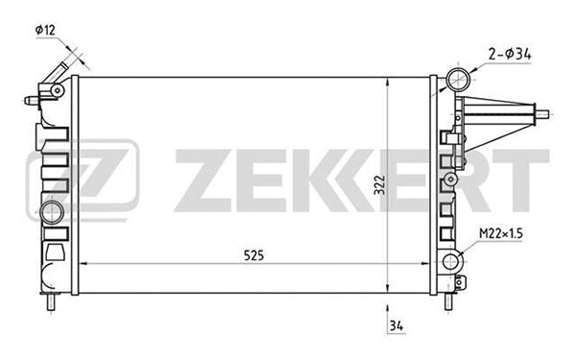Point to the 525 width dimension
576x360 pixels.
pyautogui.click(x=253, y=254)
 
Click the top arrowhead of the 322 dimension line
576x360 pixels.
pyautogui.click(x=387, y=80)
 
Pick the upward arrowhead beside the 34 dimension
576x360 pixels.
pyautogui.click(x=387, y=309)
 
